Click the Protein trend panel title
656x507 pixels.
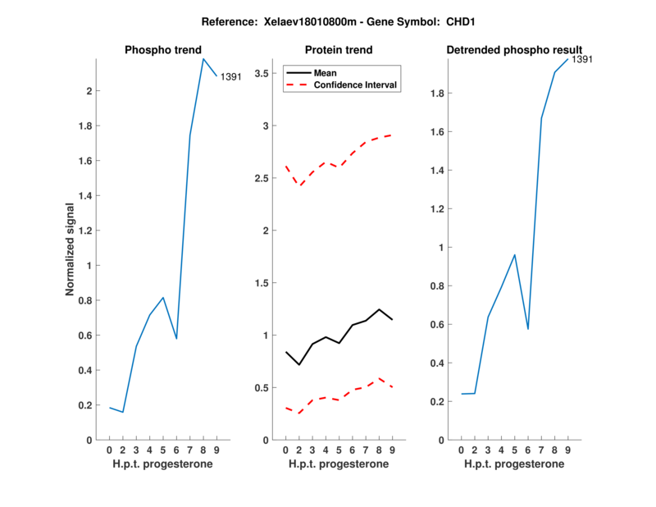tap(339, 50)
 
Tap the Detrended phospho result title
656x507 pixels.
tap(514, 50)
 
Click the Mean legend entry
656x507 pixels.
tap(326, 73)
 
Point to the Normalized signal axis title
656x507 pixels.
tap(71, 249)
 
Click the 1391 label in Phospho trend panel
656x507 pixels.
tap(231, 76)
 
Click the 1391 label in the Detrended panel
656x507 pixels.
tap(581, 59)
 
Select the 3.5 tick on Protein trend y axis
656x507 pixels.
tap(262, 74)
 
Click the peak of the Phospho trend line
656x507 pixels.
tap(203, 58)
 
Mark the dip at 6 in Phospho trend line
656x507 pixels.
tap(176, 338)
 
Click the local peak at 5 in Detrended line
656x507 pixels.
tap(514, 254)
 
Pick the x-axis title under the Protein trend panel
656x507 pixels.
tap(339, 464)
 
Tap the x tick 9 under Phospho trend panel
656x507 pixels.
tap(216, 450)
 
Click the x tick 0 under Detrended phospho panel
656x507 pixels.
tap(462, 450)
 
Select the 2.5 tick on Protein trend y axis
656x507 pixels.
tap(262, 178)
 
